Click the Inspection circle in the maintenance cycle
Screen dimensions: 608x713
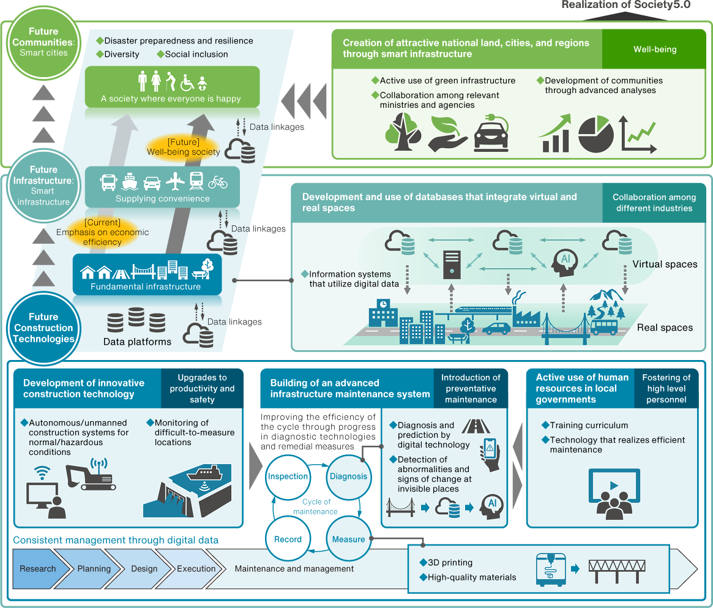288,476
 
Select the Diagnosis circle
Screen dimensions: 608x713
348,476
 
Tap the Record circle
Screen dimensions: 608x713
288,539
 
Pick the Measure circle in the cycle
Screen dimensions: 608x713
348,539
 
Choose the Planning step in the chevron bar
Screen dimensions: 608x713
94,569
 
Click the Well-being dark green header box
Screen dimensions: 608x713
655,49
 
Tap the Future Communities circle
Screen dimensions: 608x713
43,42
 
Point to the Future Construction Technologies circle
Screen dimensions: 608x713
43,328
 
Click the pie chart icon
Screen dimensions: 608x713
595,135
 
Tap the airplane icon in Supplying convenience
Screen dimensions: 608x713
176,182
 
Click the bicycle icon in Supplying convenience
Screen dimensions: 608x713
218,182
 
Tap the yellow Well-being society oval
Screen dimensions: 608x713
184,147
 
